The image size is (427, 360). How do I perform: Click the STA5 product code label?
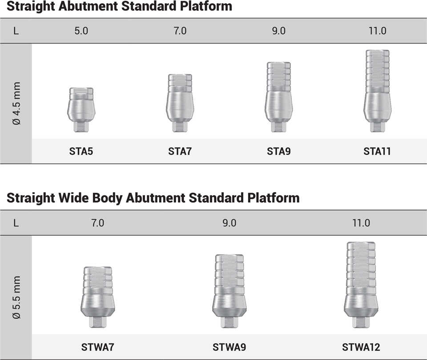point(81,151)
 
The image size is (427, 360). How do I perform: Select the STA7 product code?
point(180,151)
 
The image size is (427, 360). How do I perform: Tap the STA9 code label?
point(278,151)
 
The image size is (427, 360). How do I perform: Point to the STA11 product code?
point(377,151)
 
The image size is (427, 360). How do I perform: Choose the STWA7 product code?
point(97,347)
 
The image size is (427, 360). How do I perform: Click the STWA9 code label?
point(230,347)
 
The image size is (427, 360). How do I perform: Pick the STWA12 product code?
point(361,347)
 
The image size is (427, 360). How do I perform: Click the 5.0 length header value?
point(81,31)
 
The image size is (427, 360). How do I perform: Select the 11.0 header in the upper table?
point(378,31)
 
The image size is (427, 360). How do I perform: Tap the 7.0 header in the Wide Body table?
point(97,223)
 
